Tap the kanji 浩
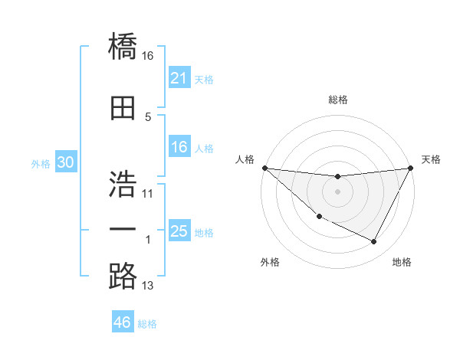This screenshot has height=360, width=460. (x=123, y=184)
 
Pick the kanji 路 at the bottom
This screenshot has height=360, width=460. (x=123, y=276)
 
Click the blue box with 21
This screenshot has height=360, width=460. (x=179, y=78)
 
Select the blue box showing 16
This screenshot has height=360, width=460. (x=179, y=148)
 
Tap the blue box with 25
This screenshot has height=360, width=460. (x=179, y=231)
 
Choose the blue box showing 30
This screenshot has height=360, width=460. (x=65, y=163)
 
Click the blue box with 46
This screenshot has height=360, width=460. (x=123, y=322)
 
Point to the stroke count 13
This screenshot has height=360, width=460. (x=148, y=286)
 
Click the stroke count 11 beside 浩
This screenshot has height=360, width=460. (x=148, y=194)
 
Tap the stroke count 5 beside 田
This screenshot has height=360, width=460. (x=148, y=117)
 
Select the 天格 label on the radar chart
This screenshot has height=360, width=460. (x=431, y=159)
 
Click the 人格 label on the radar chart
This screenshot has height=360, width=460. (x=245, y=159)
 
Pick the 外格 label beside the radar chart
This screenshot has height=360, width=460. (x=270, y=262)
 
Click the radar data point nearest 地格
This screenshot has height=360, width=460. (x=374, y=242)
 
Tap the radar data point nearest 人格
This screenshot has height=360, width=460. (x=264, y=168)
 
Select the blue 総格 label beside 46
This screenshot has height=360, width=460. (x=147, y=324)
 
